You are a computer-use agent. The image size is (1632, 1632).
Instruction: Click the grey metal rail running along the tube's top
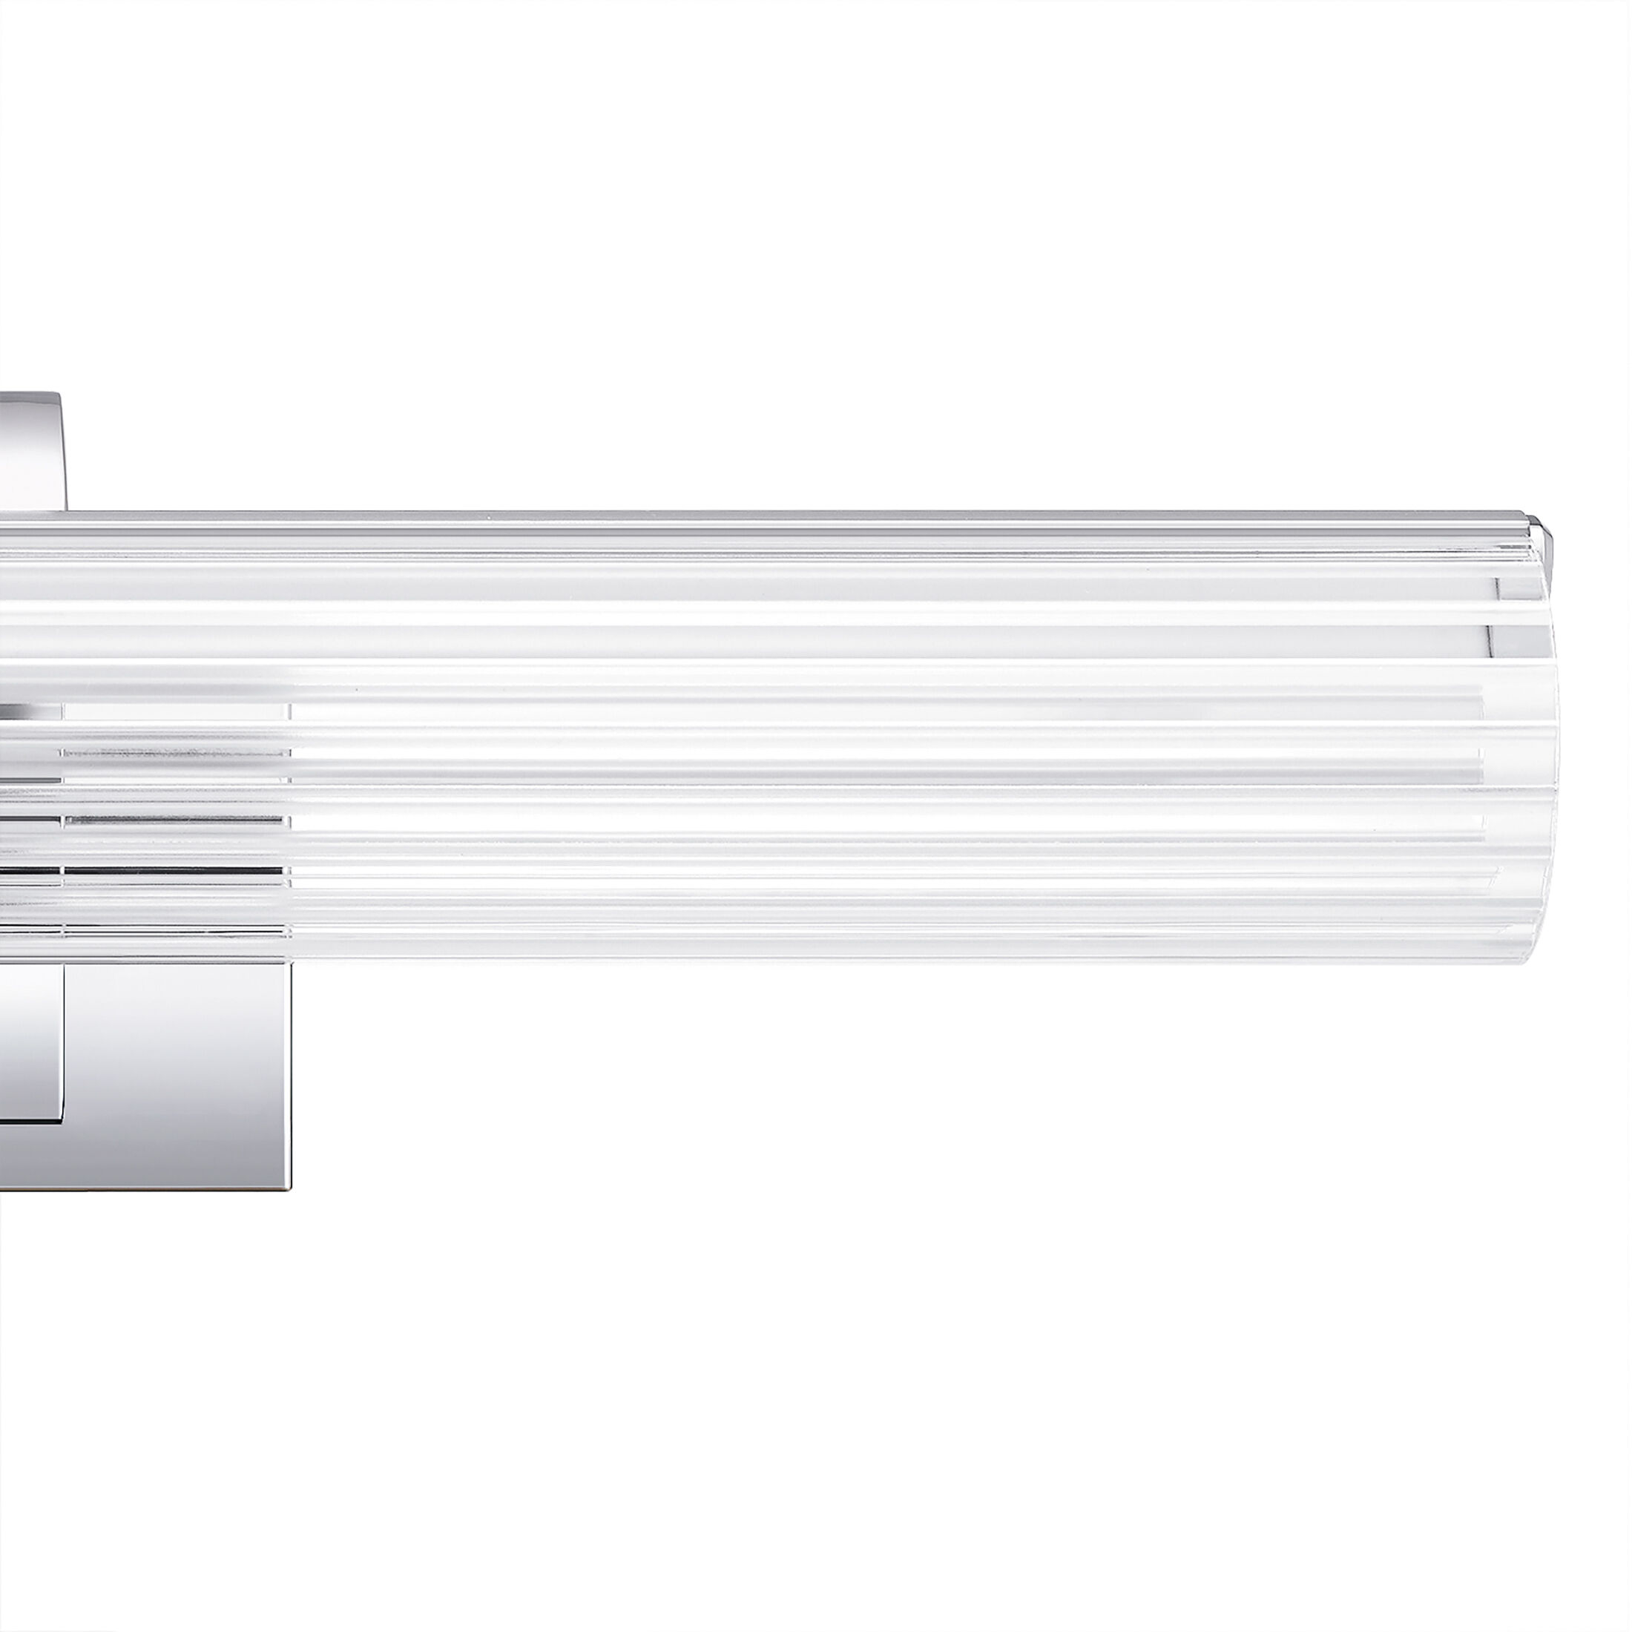pos(760,516)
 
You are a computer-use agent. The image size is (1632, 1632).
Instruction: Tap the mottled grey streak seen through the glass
pos(169,751)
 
